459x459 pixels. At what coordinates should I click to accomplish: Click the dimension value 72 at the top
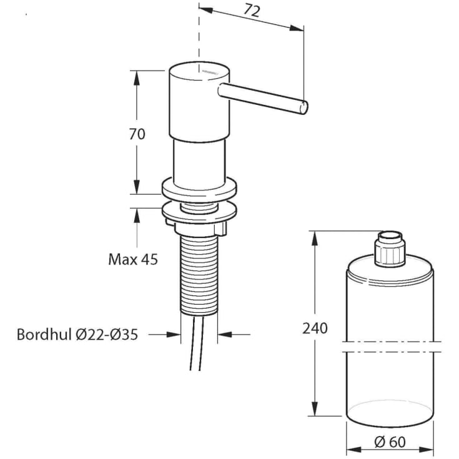252,11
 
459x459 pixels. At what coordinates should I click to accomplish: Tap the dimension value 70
137,134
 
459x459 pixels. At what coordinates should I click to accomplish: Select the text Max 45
133,259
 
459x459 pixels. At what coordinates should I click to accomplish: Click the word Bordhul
44,334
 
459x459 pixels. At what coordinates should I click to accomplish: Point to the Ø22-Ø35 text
107,334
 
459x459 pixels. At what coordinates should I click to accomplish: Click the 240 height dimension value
315,328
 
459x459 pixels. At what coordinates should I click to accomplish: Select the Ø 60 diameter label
390,442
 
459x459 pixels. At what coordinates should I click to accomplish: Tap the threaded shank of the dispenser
199,275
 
